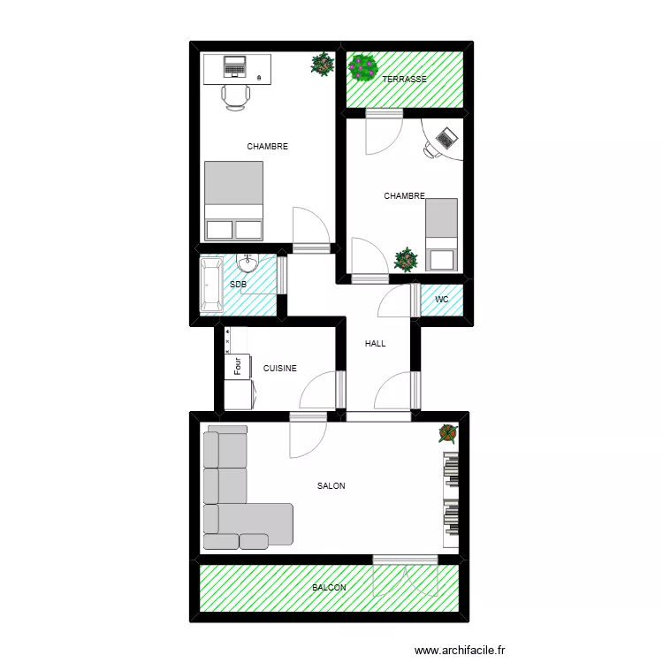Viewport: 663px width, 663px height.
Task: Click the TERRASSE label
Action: coord(404,80)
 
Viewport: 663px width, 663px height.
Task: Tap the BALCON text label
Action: coord(329,588)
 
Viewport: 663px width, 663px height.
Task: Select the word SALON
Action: coord(331,486)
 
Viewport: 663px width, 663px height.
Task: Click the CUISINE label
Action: coord(280,369)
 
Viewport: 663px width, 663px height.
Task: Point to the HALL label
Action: coord(375,344)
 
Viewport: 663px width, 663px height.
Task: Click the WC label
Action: coord(442,300)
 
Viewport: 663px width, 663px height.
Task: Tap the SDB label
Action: coord(238,285)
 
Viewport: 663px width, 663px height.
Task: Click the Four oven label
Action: coord(237,365)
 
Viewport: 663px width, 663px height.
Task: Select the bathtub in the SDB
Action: coord(210,286)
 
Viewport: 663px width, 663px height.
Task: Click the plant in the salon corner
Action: coord(449,433)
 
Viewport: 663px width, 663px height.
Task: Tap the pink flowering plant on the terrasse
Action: coord(362,66)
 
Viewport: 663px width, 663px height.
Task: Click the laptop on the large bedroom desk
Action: coord(235,66)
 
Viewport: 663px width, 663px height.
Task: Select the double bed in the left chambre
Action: coord(234,201)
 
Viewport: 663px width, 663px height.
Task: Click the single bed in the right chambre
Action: coord(441,234)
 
